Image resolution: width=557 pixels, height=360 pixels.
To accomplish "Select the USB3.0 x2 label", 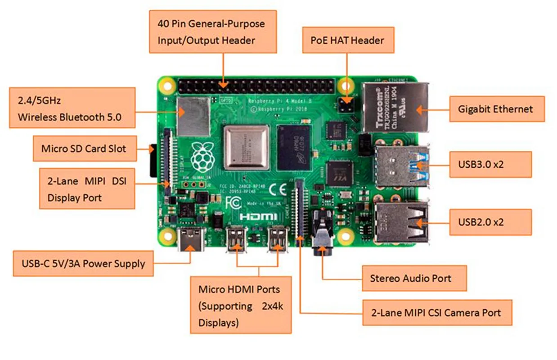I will click(x=490, y=164).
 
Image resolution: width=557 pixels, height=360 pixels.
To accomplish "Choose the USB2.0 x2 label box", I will click(x=490, y=222).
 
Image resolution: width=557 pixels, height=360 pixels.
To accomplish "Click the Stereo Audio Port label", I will click(x=414, y=278).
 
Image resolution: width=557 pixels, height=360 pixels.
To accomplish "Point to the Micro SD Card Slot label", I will click(x=84, y=148).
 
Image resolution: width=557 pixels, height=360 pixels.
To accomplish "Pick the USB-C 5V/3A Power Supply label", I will click(x=83, y=263).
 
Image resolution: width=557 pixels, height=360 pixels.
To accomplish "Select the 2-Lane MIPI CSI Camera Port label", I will click(x=437, y=312).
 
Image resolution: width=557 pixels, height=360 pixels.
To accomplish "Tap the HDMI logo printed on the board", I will click(x=256, y=216).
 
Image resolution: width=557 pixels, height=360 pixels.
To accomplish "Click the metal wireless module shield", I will click(x=193, y=116).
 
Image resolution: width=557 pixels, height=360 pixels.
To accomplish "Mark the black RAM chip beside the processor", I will click(x=294, y=148).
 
